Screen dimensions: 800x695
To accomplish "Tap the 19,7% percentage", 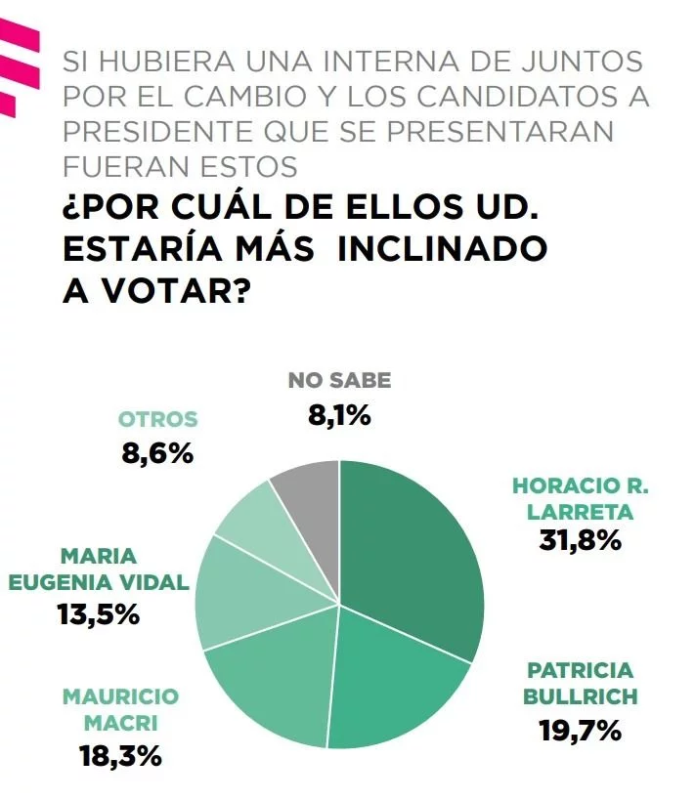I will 581,730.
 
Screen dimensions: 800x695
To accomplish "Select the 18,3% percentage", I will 121,754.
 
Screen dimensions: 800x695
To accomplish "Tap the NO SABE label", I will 339,381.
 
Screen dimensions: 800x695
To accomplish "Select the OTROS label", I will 157,419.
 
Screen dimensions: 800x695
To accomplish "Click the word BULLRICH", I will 581,696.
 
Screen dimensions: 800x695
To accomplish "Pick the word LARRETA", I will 581,511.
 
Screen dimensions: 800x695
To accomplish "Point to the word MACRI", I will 121,724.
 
